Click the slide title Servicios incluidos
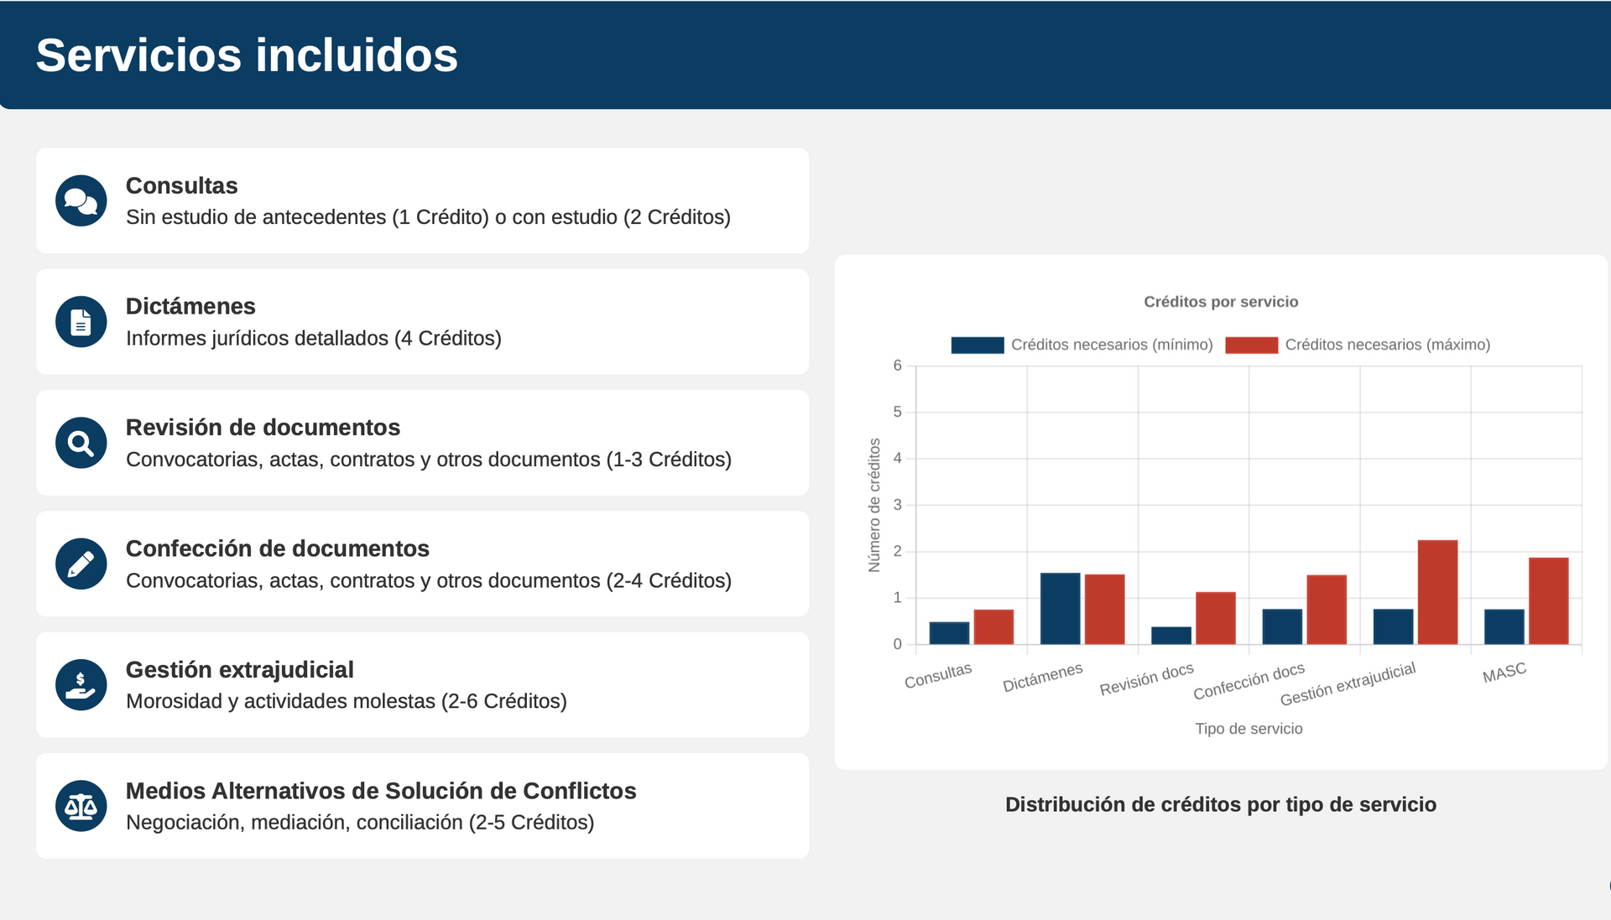[x=247, y=55]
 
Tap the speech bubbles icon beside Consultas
[x=81, y=201]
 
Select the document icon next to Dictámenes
[x=81, y=322]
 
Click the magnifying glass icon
[x=81, y=443]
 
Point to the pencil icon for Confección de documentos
[x=81, y=564]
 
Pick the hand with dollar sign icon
[x=81, y=685]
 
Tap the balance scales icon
[x=81, y=806]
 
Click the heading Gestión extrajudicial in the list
[x=239, y=669]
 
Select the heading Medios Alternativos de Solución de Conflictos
[x=380, y=791]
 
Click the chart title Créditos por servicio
[x=1221, y=302]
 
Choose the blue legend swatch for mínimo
[x=978, y=345]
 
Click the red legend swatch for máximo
[x=1251, y=345]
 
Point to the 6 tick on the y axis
[x=897, y=366]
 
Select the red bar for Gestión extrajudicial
[x=1437, y=592]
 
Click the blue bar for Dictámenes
[x=1060, y=609]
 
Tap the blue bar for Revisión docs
[x=1170, y=636]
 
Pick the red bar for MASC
[x=1548, y=601]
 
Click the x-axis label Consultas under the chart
[x=938, y=675]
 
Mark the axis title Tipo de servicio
[x=1249, y=729]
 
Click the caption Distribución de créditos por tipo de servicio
[x=1221, y=805]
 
